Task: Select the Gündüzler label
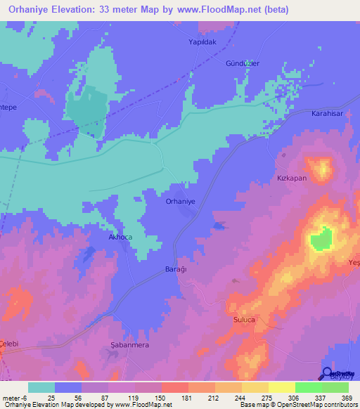coord(243,63)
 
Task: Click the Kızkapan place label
coord(292,178)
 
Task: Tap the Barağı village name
coord(179,270)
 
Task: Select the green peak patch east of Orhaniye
coord(321,240)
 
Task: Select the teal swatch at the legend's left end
coord(41,387)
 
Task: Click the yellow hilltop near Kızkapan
coord(323,169)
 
